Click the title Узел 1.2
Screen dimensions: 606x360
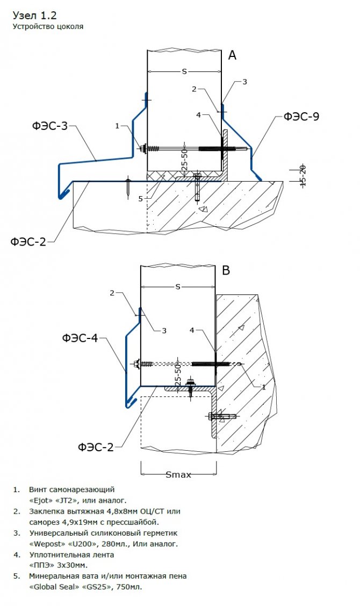click(34, 15)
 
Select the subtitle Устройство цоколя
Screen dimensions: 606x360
click(48, 26)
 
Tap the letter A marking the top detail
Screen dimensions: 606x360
click(232, 55)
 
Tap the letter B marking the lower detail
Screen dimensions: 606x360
click(226, 271)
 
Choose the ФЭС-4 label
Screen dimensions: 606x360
click(80, 338)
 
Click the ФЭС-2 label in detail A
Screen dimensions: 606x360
click(28, 242)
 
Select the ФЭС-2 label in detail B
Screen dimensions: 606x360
click(95, 447)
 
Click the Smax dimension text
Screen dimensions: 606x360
click(178, 475)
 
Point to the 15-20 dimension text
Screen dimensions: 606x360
click(303, 175)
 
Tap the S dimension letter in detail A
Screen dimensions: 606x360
click(184, 71)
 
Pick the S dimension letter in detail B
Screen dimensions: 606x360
click(177, 287)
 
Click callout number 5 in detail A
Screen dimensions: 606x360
click(141, 199)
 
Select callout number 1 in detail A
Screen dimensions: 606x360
click(117, 126)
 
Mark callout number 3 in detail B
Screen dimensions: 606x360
click(164, 330)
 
